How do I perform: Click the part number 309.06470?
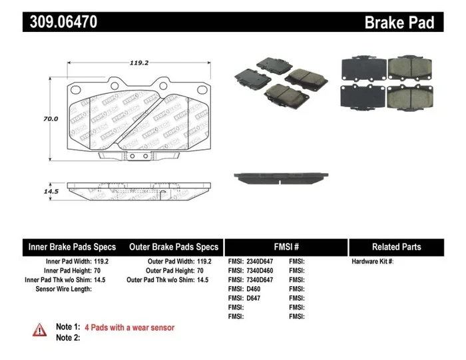click(64, 22)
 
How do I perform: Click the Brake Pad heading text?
click(399, 23)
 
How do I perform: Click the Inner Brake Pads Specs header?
click(72, 247)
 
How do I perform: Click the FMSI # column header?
click(286, 247)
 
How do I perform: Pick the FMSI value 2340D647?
click(260, 262)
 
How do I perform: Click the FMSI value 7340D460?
click(260, 271)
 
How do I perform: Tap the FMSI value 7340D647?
click(260, 280)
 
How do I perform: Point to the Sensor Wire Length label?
click(64, 289)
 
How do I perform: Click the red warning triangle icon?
click(41, 329)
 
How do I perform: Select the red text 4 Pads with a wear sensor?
click(130, 327)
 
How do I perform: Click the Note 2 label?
click(68, 337)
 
